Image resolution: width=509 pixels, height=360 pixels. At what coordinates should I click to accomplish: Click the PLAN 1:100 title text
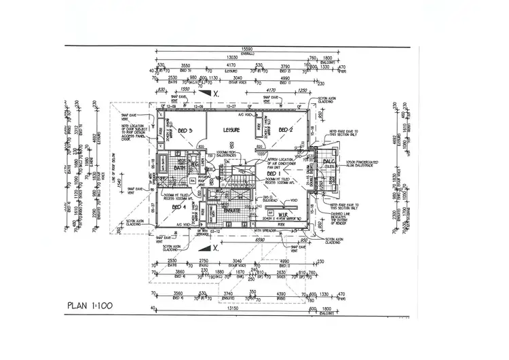(90, 305)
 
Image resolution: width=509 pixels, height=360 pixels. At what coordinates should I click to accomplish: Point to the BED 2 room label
(285, 130)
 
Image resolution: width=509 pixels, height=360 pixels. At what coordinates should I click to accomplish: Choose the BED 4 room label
(178, 206)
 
